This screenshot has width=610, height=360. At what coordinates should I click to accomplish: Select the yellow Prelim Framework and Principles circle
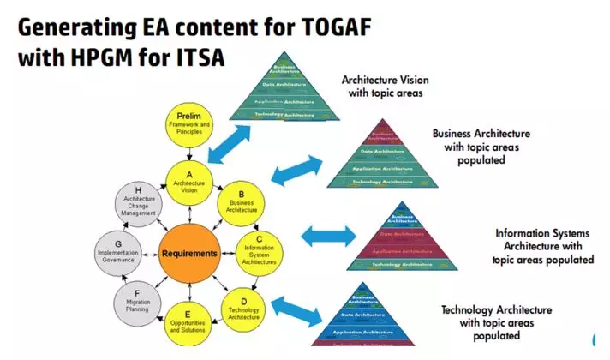click(188, 123)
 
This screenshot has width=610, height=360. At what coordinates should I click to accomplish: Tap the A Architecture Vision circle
click(188, 181)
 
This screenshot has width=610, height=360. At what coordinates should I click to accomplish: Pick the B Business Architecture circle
click(242, 202)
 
